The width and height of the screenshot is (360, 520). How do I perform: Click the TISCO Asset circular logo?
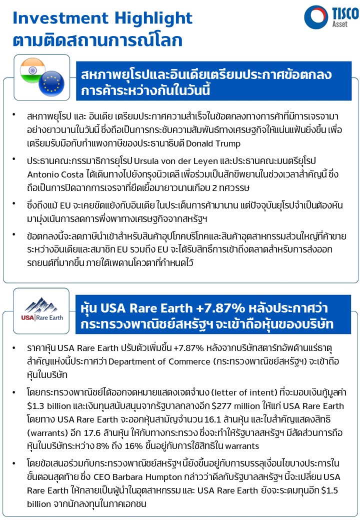[316, 16]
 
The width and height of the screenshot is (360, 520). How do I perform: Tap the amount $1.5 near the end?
[338, 490]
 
